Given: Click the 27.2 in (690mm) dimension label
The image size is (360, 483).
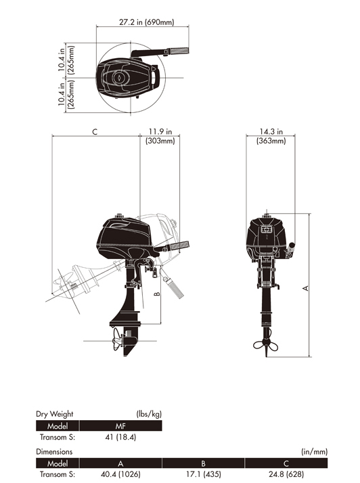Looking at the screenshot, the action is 146,22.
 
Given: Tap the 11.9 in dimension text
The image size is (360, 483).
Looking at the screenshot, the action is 160,131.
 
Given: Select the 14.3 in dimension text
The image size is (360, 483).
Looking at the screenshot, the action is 271,131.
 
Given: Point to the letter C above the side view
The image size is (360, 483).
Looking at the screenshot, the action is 95,132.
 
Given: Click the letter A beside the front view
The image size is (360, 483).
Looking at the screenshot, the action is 305,288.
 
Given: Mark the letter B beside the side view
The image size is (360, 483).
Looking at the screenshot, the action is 157,294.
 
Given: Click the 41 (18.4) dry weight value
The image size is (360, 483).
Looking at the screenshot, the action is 120,437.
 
